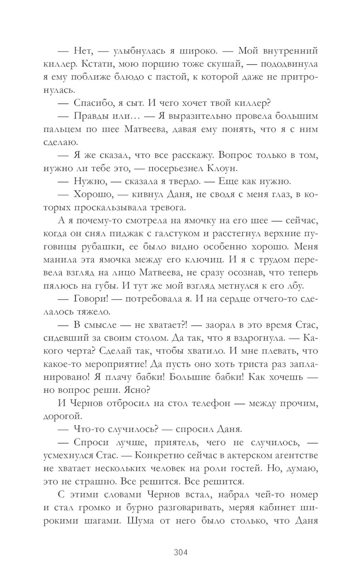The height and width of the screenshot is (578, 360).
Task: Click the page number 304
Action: coord(181,552)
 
